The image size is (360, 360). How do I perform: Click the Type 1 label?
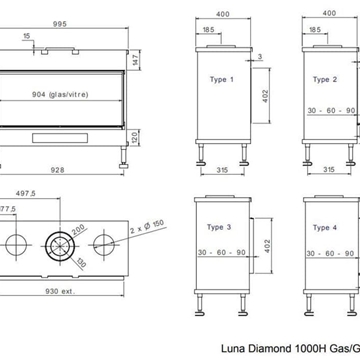tap(223, 78)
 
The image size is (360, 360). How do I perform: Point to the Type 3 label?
tap(223, 228)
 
